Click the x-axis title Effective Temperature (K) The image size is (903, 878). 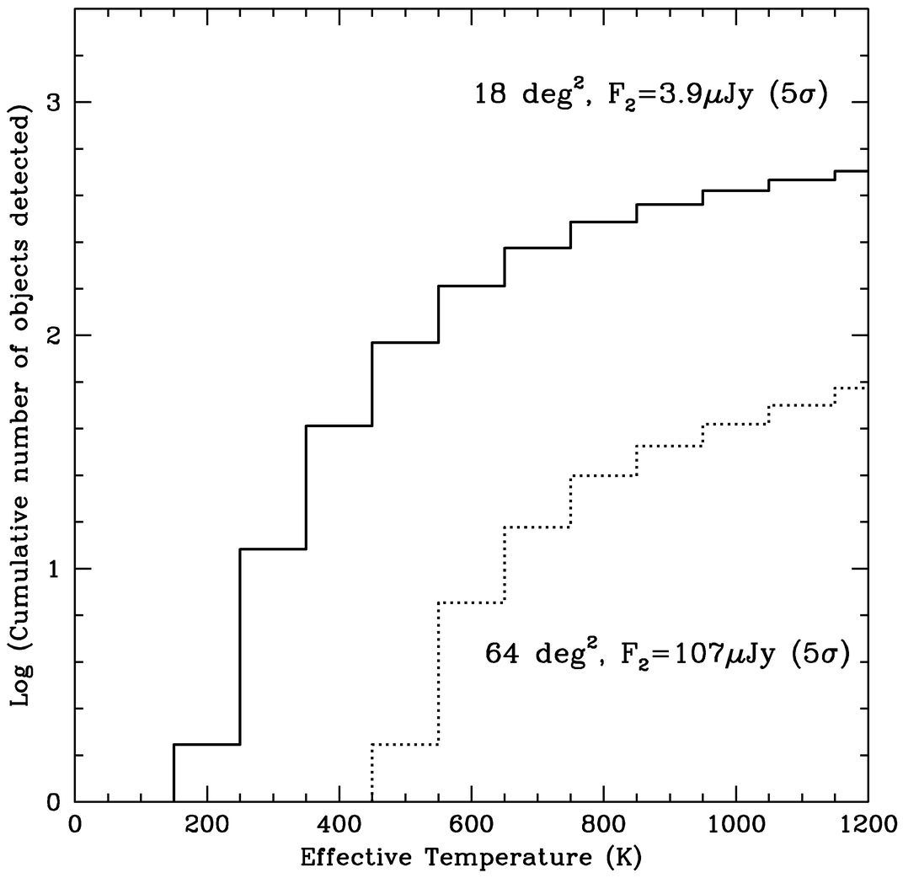tap(471, 859)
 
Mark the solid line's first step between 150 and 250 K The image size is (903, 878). tap(206, 744)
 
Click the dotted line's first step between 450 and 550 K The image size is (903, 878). tap(405, 744)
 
